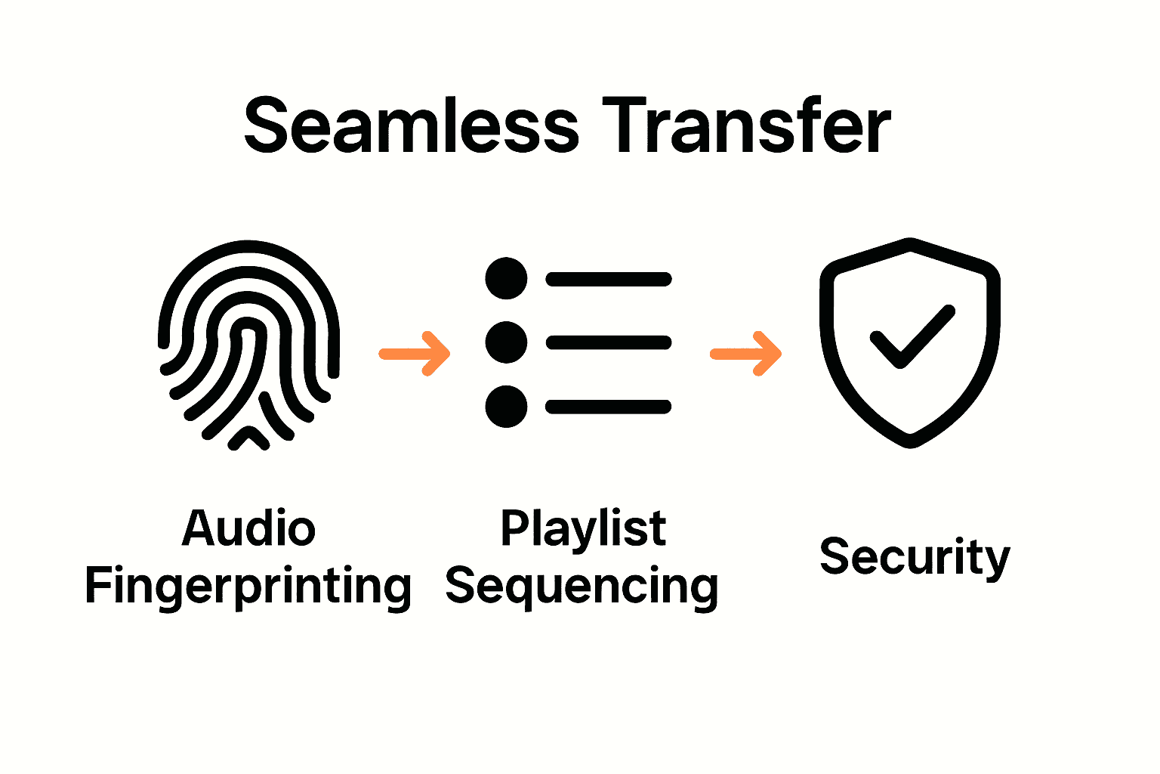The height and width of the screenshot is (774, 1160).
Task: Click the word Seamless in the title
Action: (411, 126)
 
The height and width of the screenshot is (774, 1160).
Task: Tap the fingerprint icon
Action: (248, 344)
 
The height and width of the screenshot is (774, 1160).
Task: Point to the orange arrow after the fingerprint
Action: (415, 353)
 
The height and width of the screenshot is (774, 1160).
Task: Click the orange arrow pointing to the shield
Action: (746, 353)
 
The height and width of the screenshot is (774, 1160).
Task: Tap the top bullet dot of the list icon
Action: (506, 279)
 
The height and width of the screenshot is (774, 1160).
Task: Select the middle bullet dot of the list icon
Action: (506, 342)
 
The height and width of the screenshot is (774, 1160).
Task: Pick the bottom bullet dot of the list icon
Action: (506, 407)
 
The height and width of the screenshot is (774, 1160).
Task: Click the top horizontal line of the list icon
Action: (609, 280)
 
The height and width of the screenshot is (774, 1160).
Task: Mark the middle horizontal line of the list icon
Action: (609, 343)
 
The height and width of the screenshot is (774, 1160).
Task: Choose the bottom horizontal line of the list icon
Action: (609, 407)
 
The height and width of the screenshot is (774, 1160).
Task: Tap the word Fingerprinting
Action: (248, 587)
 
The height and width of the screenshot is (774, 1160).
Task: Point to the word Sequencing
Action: (582, 587)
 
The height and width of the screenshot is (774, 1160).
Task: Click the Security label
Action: (915, 557)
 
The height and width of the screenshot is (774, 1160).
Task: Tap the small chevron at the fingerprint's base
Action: (248, 438)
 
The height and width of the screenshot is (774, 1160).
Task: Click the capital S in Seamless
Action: (265, 126)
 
